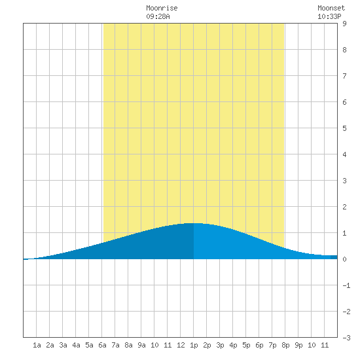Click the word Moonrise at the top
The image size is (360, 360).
pyautogui.click(x=162, y=8)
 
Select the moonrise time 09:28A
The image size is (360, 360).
pyautogui.click(x=158, y=16)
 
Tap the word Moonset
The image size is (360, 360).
pyautogui.click(x=331, y=8)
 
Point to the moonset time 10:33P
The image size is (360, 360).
pyautogui.click(x=329, y=16)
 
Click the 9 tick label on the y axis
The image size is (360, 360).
pyautogui.click(x=344, y=24)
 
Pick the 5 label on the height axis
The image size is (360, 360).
pyautogui.click(x=344, y=128)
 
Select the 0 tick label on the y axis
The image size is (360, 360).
pyautogui.click(x=344, y=259)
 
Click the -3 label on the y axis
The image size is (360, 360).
pyautogui.click(x=346, y=338)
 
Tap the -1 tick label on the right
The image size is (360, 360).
pyautogui.click(x=346, y=285)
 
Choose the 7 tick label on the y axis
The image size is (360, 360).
pyautogui.click(x=344, y=76)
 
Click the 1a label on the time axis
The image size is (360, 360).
pyautogui.click(x=37, y=345)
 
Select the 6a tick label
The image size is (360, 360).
pyautogui.click(x=102, y=345)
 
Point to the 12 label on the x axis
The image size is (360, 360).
pyautogui.click(x=181, y=345)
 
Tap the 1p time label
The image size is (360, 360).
pyautogui.click(x=194, y=345)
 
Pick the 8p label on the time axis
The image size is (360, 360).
pyautogui.click(x=285, y=345)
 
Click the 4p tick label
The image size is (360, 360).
pyautogui.click(x=233, y=345)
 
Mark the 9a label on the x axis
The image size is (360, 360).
pyautogui.click(x=141, y=345)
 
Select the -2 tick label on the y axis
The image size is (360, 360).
pyautogui.click(x=346, y=312)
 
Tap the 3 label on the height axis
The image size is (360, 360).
pyautogui.click(x=344, y=181)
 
